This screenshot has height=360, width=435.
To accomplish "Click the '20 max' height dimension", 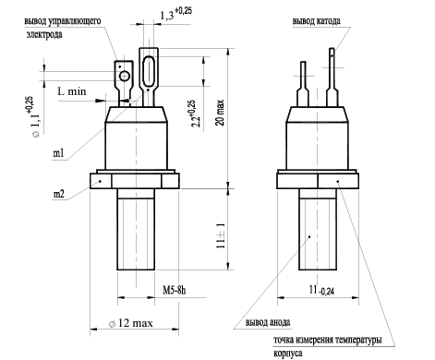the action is point(221,113).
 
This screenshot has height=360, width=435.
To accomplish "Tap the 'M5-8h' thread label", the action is point(175,290).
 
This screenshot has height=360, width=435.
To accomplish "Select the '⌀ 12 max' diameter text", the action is point(131,323).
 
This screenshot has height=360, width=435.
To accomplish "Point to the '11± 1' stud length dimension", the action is point(221,235).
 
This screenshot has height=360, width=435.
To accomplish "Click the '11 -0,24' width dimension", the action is point(321,290).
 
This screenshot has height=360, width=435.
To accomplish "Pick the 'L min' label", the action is point(72,91).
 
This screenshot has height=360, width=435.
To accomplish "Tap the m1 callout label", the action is point(58,153).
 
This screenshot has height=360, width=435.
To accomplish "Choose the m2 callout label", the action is point(59,194).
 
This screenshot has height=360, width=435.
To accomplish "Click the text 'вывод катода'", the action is point(317,21).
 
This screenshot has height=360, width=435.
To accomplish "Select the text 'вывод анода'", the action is point(268,322).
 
